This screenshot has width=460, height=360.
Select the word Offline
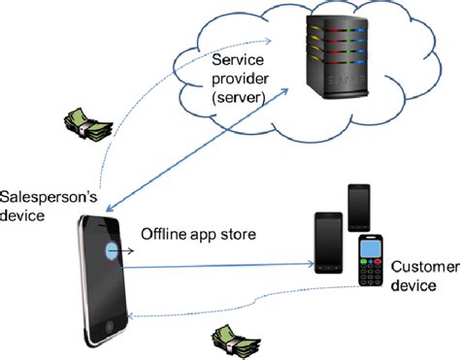(x=163, y=235)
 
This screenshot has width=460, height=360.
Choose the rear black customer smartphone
(x=358, y=206)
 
